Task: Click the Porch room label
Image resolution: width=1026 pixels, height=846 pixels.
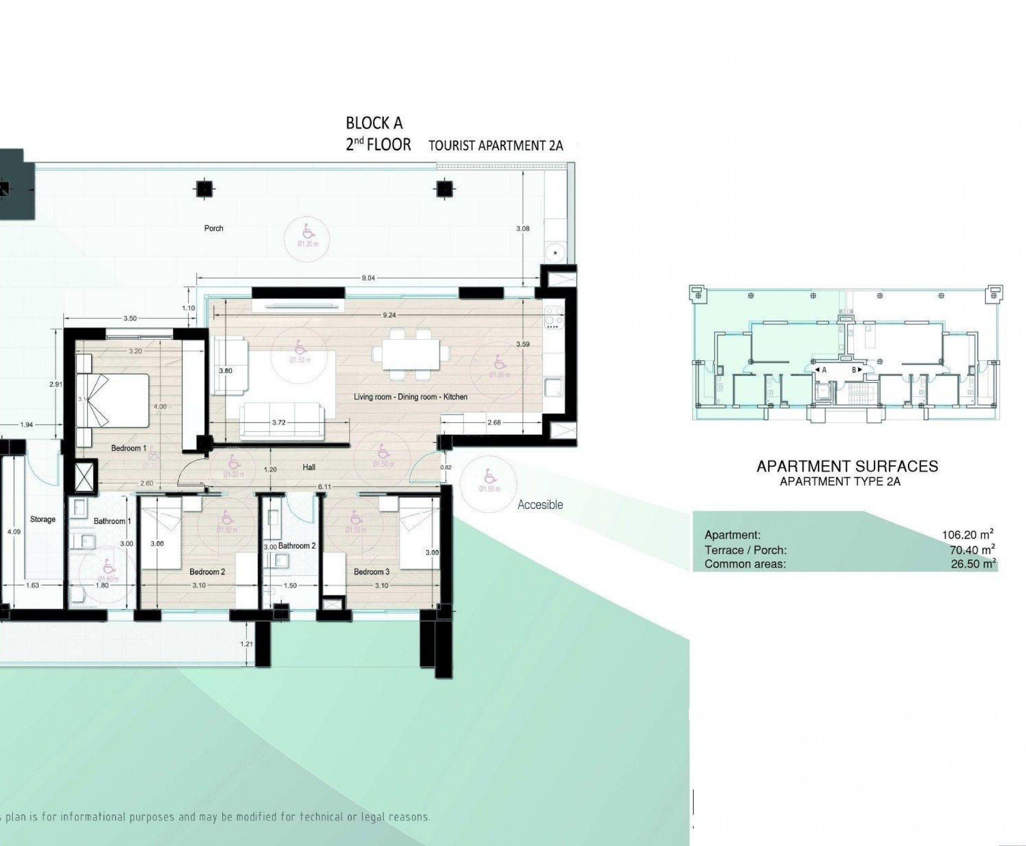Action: [213, 228]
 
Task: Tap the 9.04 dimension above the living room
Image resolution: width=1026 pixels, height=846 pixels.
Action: [368, 278]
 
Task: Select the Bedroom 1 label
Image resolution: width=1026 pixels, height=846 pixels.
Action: [129, 448]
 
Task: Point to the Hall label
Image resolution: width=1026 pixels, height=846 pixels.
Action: [309, 468]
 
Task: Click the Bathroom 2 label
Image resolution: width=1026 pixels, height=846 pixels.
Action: [297, 546]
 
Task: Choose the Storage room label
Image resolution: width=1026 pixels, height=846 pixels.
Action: [43, 519]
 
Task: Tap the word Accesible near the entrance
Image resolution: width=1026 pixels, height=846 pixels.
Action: [540, 505]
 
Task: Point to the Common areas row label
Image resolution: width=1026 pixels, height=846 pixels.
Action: [745, 564]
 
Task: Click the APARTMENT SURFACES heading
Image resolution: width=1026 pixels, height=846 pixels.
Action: [847, 466]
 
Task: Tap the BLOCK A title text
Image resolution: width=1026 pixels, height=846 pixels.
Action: [375, 123]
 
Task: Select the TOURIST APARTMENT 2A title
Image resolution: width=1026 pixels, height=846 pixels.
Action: [496, 146]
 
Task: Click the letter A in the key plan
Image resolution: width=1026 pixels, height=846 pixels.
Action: [824, 370]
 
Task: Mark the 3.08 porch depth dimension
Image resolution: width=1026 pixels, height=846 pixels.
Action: [522, 228]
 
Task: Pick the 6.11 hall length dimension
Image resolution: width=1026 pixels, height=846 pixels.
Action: [325, 487]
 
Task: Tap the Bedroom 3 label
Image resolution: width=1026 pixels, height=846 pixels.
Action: [371, 572]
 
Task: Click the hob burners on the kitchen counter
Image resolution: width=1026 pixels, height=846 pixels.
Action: [554, 315]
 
